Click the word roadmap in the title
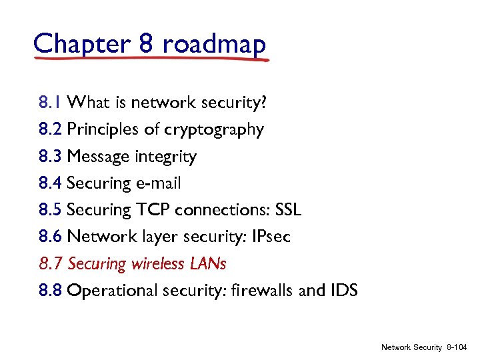tap(213, 44)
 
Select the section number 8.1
tap(51, 103)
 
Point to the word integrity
tap(165, 157)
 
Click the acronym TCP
tap(153, 210)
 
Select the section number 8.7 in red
tap(51, 263)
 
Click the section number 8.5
tap(51, 210)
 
